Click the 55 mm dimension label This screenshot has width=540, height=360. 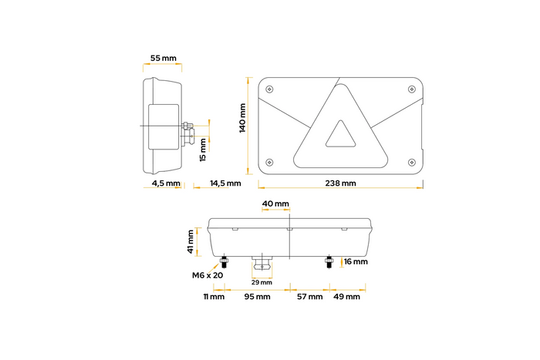click(164, 58)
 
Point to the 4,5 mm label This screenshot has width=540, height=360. click(166, 183)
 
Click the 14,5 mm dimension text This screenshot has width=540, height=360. click(225, 183)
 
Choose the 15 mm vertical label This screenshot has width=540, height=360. click(203, 148)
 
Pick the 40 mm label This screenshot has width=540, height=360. click(275, 204)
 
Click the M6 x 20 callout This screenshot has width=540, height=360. click(208, 275)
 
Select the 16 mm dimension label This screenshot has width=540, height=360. click(356, 262)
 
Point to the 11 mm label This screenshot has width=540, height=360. click(214, 297)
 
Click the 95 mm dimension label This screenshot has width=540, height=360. click(257, 297)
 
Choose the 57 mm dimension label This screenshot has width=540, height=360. click(309, 297)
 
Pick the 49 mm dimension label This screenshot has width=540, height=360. click(346, 297)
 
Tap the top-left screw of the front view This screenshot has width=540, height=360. click(269, 89)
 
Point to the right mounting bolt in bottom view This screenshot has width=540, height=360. click(329, 261)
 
